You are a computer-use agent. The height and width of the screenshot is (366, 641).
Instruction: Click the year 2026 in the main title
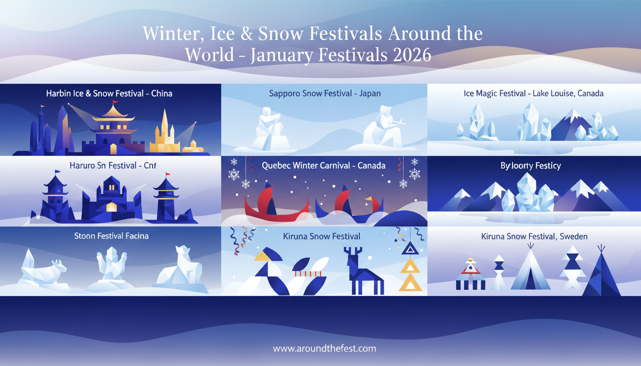(x=413, y=55)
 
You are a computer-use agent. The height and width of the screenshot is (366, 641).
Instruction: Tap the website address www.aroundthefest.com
(x=324, y=348)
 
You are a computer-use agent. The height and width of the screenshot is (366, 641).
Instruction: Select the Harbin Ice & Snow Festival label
(x=109, y=93)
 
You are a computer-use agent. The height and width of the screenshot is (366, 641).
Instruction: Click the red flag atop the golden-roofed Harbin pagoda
(x=114, y=102)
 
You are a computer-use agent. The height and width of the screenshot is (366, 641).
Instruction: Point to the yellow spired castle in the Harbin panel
(x=165, y=133)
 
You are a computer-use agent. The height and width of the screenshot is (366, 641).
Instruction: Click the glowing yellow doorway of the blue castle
(x=111, y=206)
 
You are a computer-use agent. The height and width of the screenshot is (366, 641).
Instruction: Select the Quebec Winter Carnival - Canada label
(x=323, y=166)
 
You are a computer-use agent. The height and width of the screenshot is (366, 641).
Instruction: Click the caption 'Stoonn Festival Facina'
(x=111, y=236)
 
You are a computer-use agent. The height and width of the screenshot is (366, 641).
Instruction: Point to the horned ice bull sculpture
(x=45, y=272)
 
